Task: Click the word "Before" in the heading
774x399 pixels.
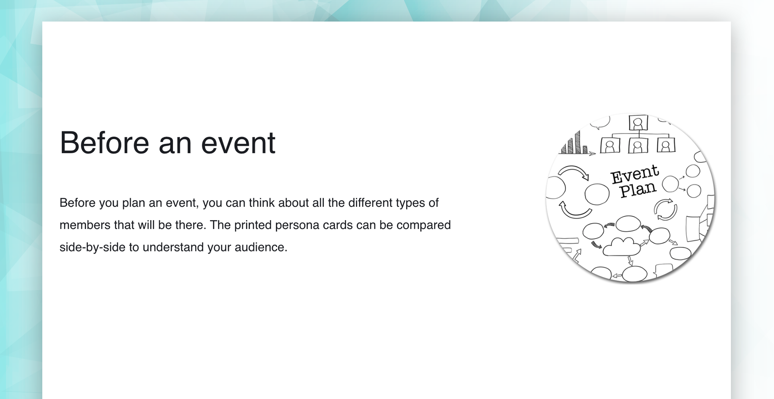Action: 104,142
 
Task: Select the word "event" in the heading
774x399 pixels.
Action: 238,143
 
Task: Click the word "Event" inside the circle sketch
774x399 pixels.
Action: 635,175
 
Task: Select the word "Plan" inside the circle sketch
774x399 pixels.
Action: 638,190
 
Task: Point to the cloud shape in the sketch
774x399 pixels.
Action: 621,247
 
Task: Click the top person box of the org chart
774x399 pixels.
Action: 638,123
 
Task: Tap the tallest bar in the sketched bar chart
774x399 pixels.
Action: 577,142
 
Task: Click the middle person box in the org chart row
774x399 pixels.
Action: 638,146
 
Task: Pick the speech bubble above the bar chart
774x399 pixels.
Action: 600,122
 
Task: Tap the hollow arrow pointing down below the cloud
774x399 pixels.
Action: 630,261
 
